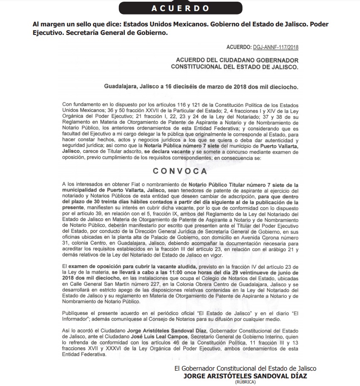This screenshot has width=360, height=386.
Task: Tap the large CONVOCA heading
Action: [180, 171]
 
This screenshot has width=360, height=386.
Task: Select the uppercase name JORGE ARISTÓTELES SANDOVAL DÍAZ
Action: [245, 376]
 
